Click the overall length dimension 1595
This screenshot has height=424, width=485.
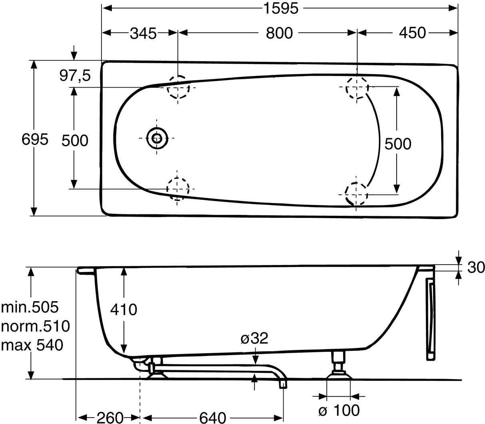pyautogui.click(x=281, y=9)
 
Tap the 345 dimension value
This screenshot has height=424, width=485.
pyautogui.click(x=143, y=33)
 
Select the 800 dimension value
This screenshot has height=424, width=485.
pyautogui.click(x=279, y=33)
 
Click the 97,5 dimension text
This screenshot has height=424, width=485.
pyautogui.click(x=75, y=76)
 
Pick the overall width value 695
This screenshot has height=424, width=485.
pyautogui.click(x=35, y=139)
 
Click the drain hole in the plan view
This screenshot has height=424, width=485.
pyautogui.click(x=157, y=138)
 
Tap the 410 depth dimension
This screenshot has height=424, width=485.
pyautogui.click(x=123, y=310)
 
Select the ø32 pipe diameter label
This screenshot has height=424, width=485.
pyautogui.click(x=254, y=338)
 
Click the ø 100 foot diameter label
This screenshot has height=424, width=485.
pyautogui.click(x=339, y=410)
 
